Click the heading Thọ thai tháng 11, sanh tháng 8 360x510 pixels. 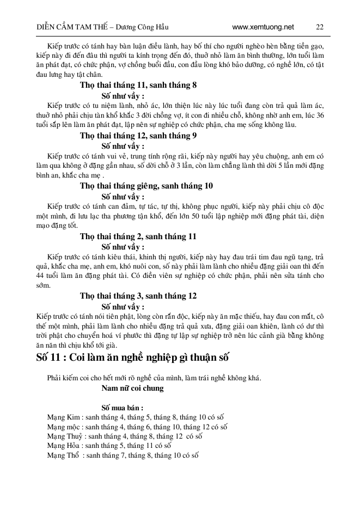(x=138, y=85)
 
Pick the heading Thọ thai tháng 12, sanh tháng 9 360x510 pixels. (x=138, y=136)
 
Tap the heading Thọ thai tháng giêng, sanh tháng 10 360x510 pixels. (x=146, y=186)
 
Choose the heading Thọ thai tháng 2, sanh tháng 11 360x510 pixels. (x=138, y=236)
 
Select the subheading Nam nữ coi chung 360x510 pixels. (x=132, y=388)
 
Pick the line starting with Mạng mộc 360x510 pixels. (x=137, y=427)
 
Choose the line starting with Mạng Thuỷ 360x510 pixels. (x=126, y=436)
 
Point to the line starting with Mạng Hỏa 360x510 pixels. (x=108, y=445)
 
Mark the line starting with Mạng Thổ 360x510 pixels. (x=121, y=455)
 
